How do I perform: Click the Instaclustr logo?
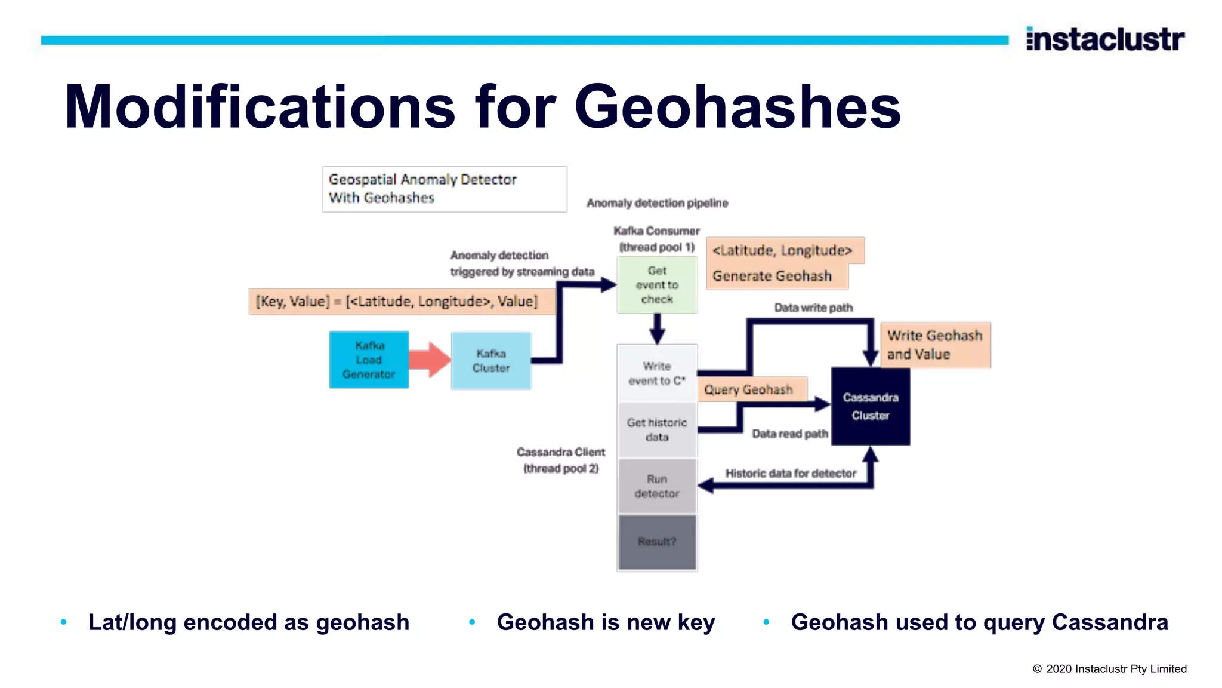1105,39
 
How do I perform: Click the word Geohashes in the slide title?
737,107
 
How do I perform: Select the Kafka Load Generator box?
369,360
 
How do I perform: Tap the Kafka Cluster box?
491,361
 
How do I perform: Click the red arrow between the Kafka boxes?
430,360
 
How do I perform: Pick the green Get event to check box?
657,285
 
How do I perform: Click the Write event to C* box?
657,373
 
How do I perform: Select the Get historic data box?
657,429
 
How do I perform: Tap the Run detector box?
657,486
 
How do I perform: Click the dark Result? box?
657,542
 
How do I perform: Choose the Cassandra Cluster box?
871,406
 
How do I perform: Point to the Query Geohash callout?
749,389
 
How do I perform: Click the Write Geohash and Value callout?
935,345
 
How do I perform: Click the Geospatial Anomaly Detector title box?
444,189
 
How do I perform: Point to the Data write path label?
813,308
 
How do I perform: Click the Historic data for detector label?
791,473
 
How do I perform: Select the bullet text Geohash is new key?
606,622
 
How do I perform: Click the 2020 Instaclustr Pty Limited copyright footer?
1110,669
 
